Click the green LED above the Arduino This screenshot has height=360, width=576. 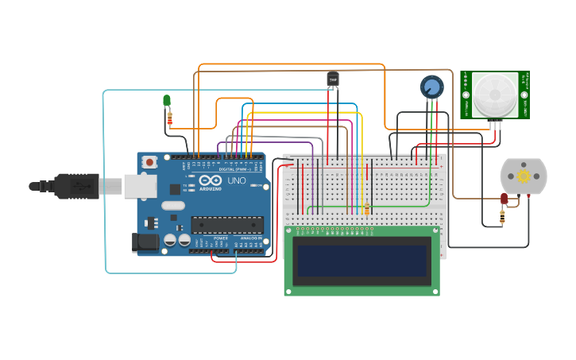(167, 100)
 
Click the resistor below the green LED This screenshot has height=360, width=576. (169, 118)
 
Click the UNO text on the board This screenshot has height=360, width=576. (237, 180)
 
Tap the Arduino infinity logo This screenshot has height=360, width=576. (210, 182)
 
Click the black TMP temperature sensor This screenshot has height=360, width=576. (332, 78)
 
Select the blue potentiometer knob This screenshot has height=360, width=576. (431, 86)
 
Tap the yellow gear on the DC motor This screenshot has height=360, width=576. (524, 176)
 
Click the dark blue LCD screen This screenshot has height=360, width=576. (361, 260)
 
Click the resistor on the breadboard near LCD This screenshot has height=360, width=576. (366, 209)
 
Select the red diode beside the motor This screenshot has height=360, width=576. (504, 199)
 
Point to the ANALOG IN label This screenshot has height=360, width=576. (250, 238)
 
